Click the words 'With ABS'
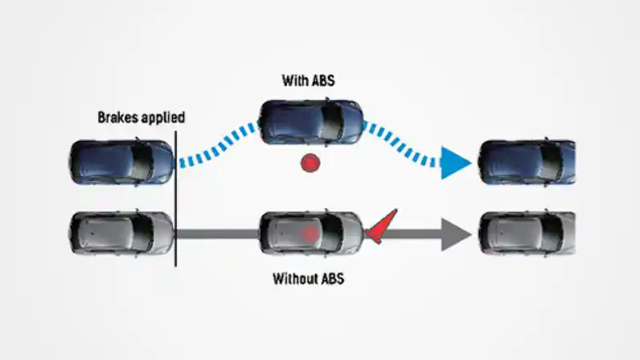(x=309, y=80)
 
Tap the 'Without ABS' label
(x=309, y=280)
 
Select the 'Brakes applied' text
(x=141, y=118)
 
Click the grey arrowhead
(x=455, y=235)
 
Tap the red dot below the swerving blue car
(x=310, y=164)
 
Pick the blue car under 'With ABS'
(x=311, y=122)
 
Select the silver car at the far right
(x=526, y=234)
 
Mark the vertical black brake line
(x=175, y=200)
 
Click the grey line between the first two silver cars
(x=217, y=235)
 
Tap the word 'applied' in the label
(x=163, y=118)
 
